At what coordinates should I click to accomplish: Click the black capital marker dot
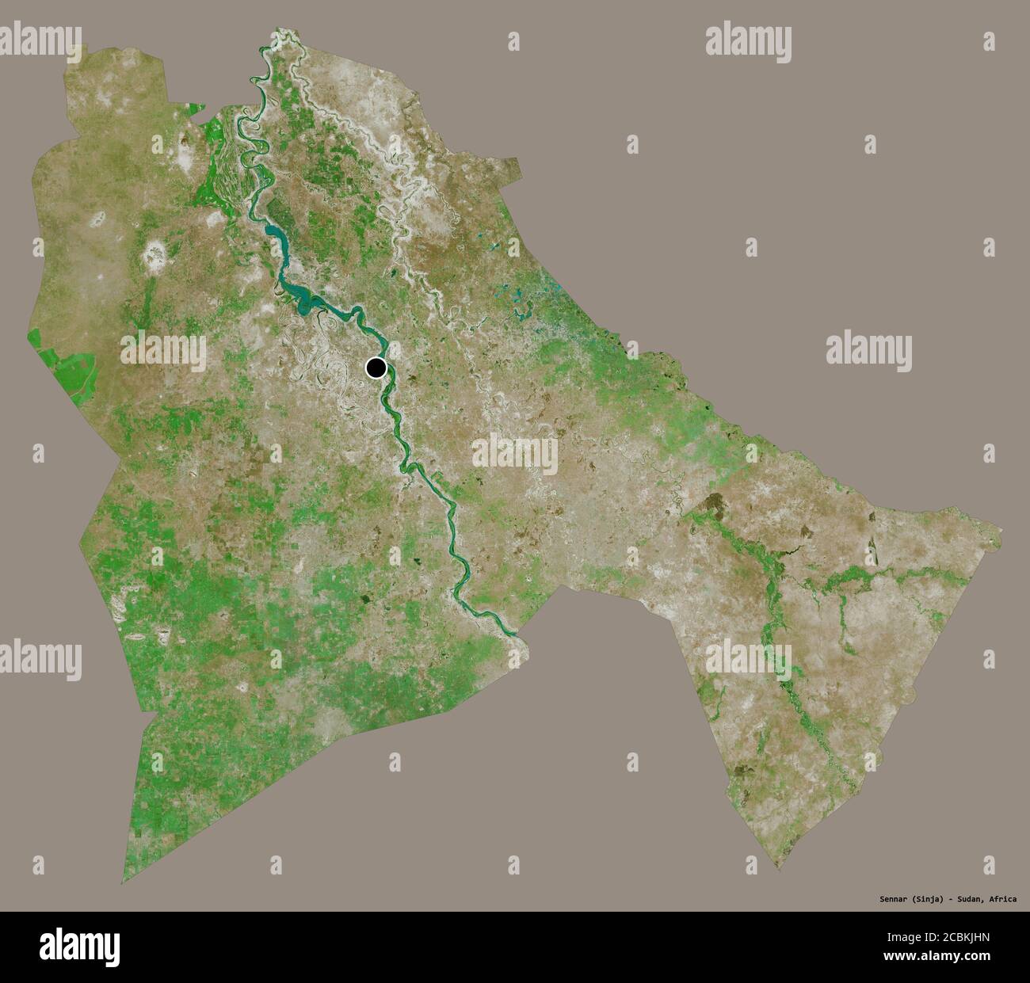(376, 368)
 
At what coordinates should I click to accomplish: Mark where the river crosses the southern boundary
(513, 631)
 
